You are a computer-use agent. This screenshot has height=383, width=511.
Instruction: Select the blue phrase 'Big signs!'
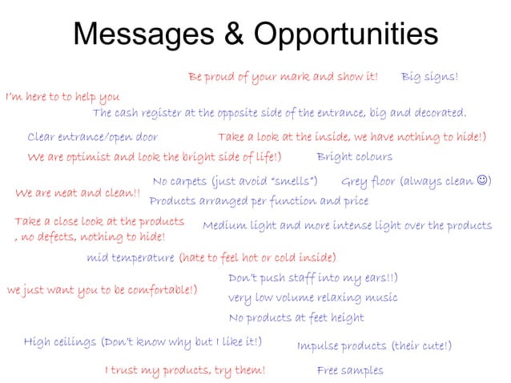(x=430, y=77)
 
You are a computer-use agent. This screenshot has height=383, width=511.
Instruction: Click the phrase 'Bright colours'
(x=355, y=156)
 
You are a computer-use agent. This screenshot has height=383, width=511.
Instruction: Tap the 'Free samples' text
(x=350, y=370)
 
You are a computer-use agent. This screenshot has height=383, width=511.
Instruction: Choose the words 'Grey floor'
(x=368, y=181)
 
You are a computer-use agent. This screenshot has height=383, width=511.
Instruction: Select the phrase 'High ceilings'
(x=60, y=342)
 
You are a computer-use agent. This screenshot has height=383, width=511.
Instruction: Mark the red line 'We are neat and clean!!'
(x=78, y=193)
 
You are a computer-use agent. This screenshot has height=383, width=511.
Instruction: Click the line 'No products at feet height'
(x=296, y=318)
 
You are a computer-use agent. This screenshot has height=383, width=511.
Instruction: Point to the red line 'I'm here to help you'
(x=62, y=98)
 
